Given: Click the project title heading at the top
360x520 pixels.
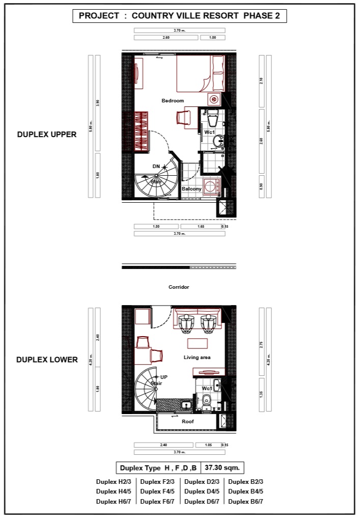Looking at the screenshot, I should click(180, 16).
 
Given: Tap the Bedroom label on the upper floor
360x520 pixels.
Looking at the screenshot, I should click(173, 101).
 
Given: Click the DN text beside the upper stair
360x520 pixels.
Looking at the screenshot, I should click(156, 167).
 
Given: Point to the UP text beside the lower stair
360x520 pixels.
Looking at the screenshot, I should click(164, 377).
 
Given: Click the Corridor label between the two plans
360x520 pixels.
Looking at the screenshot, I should click(179, 287).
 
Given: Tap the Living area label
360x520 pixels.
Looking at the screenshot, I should click(197, 358).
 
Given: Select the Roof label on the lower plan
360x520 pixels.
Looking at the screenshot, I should click(188, 422).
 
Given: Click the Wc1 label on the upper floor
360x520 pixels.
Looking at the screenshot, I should click(209, 132).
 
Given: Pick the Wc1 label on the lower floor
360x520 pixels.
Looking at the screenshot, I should click(207, 388).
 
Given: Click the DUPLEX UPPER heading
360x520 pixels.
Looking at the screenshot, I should click(47, 134).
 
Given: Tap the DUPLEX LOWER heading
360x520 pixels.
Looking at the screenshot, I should click(47, 360).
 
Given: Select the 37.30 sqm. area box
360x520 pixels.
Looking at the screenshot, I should click(223, 468).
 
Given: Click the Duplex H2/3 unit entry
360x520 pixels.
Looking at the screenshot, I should click(114, 482).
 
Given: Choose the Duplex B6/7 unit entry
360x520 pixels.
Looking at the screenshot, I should click(246, 502).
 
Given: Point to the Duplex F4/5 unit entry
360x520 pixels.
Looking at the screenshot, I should click(158, 491).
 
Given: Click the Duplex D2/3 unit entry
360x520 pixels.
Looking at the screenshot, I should click(202, 482).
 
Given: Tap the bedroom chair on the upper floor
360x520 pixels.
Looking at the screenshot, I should click(183, 117).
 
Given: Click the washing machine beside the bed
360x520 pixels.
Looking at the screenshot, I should click(214, 99).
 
